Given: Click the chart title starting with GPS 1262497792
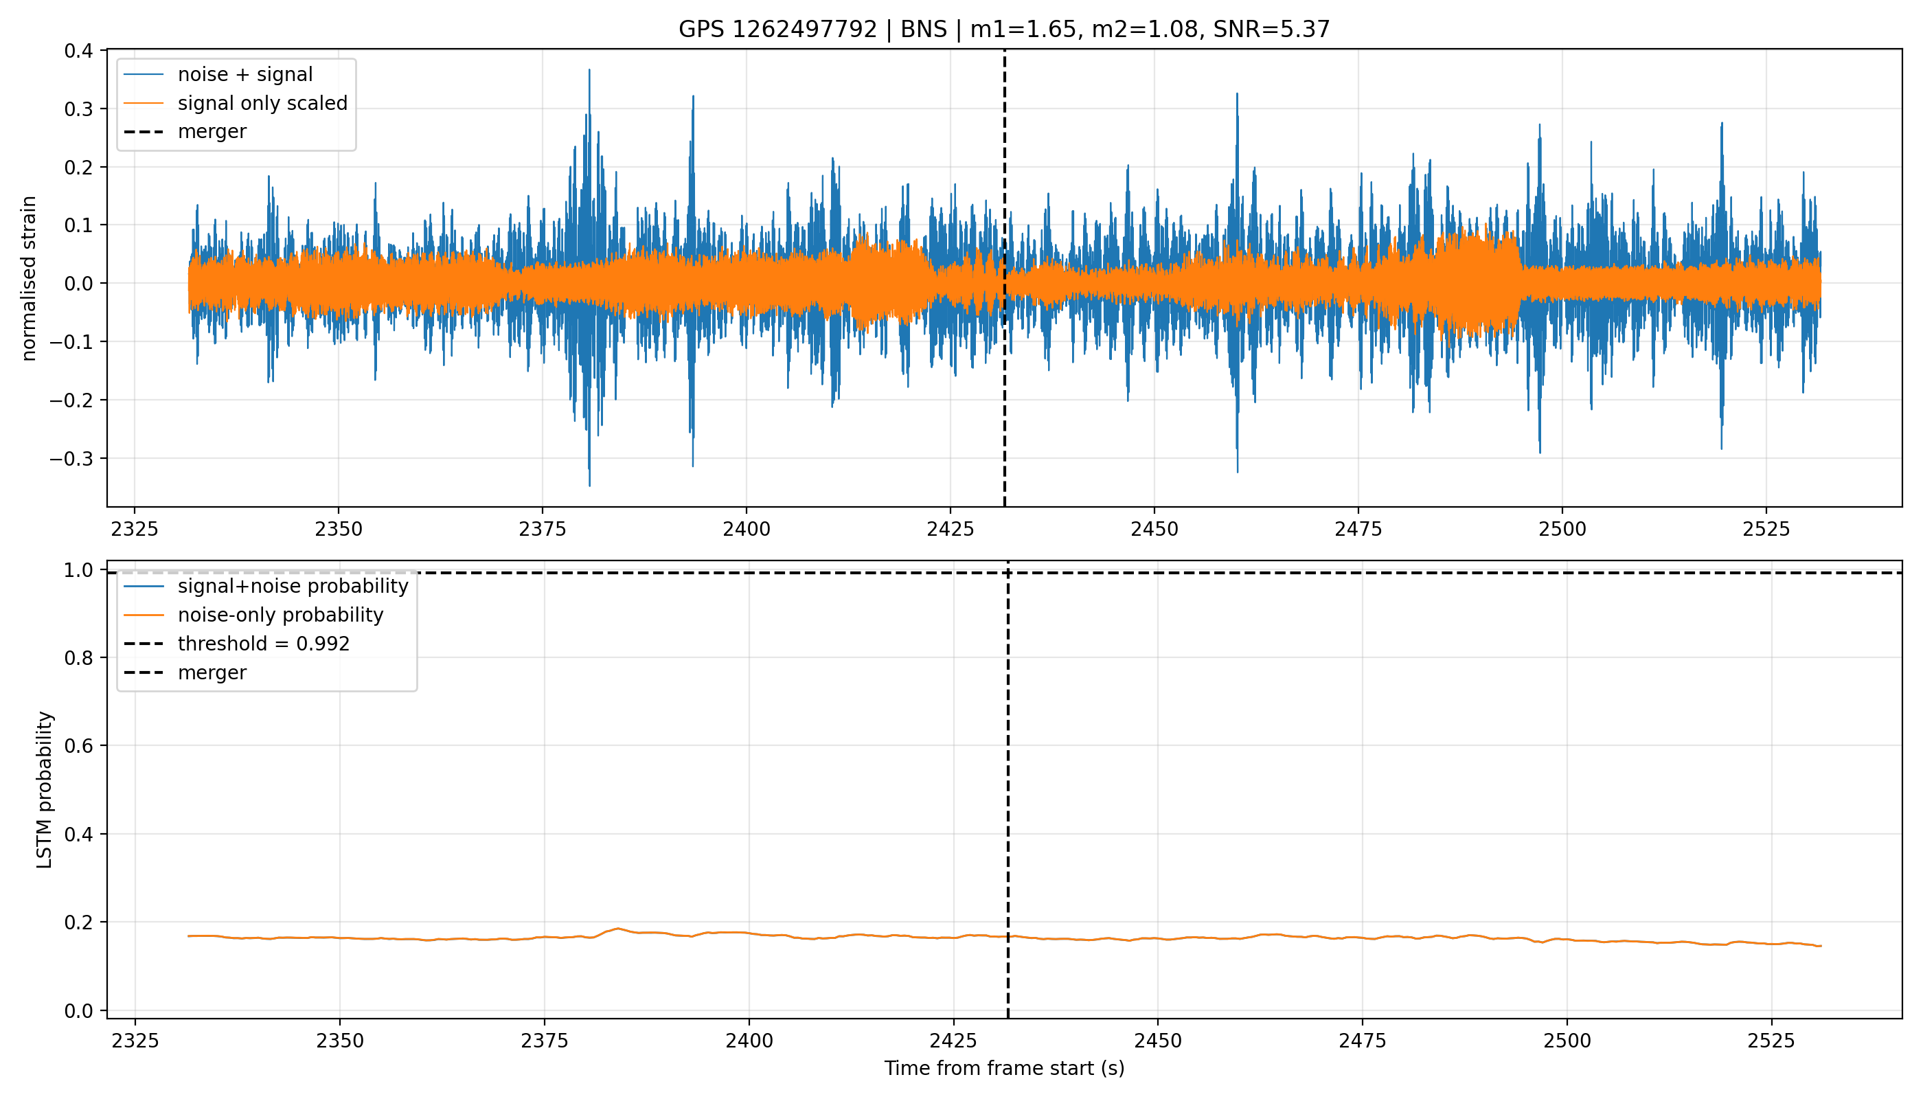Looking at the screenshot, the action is (1004, 30).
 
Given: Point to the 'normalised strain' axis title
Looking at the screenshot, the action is (29, 278).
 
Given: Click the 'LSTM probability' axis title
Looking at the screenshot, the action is (45, 789).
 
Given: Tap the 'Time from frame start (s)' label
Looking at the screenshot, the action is (1005, 1068).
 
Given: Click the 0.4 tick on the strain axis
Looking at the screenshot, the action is (78, 51).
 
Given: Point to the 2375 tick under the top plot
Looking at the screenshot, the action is (543, 528).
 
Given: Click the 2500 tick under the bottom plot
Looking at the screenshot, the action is (1567, 1040).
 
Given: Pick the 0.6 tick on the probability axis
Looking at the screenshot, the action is (78, 746).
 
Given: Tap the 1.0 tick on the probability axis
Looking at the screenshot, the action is (78, 570).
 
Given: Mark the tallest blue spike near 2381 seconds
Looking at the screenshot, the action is (589, 70).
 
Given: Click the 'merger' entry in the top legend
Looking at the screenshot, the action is (212, 132).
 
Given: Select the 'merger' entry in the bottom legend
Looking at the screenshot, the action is (212, 672).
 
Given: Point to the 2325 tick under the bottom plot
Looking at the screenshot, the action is (135, 1040).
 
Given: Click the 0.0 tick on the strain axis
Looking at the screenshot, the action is (78, 284).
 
